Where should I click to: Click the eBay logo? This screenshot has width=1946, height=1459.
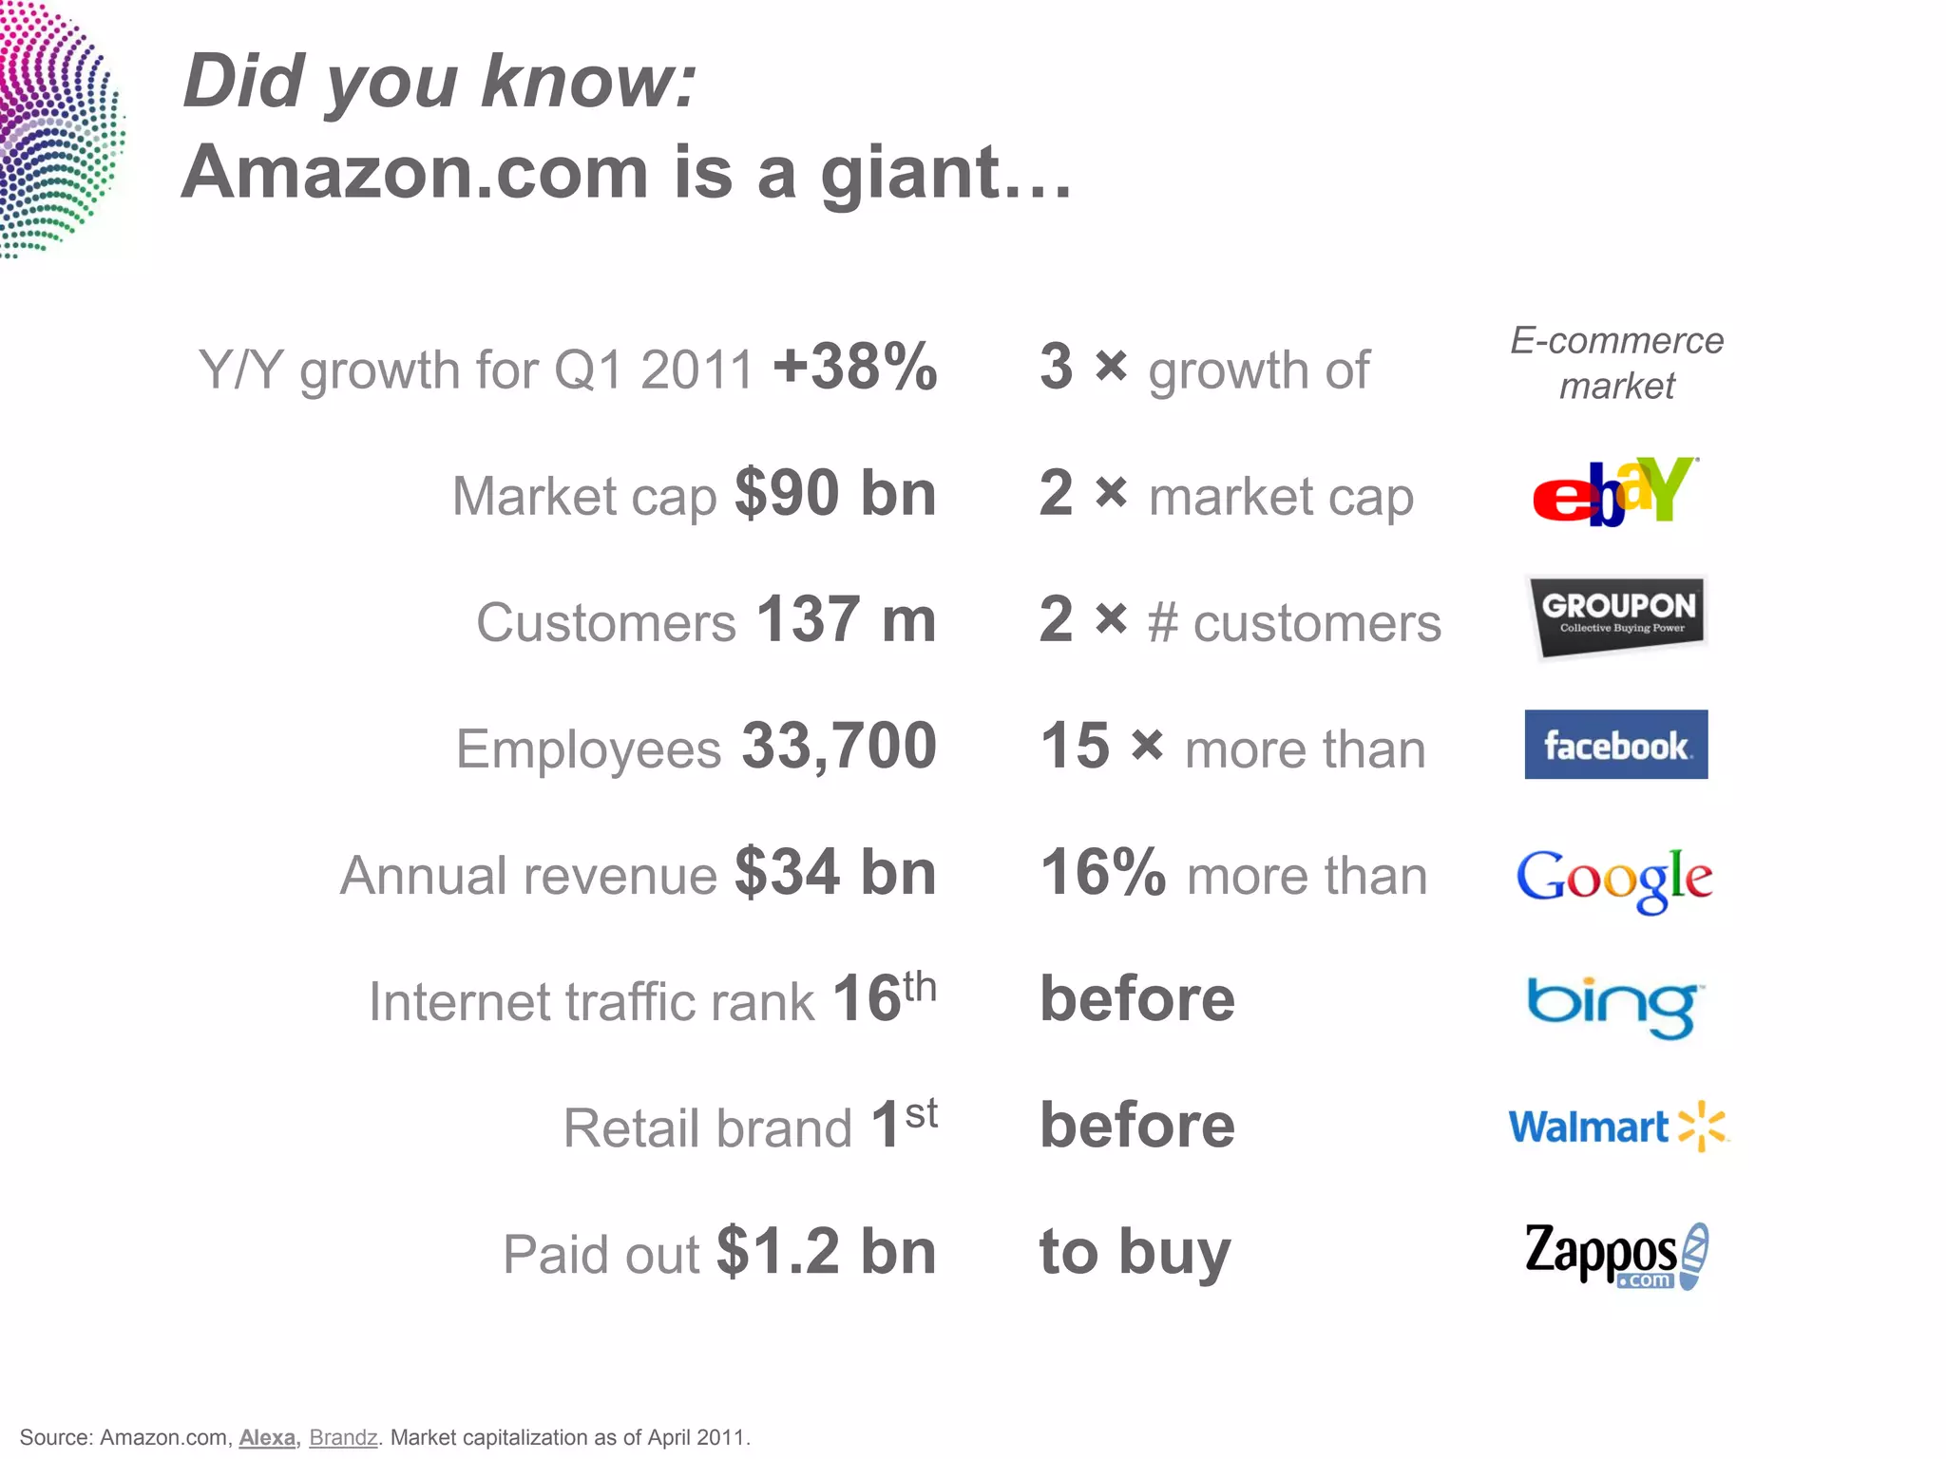(1614, 492)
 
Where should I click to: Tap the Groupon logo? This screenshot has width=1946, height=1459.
(1618, 616)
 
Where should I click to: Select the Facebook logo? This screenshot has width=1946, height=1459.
(1615, 745)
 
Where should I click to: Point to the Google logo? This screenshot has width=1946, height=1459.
(1614, 878)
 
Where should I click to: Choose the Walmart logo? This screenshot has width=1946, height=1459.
(1617, 1127)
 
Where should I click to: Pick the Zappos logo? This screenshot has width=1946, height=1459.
(1616, 1255)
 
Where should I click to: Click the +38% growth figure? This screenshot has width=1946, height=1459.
(855, 367)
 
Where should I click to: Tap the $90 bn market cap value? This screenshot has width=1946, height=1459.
(835, 494)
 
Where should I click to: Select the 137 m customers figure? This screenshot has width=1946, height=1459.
(846, 620)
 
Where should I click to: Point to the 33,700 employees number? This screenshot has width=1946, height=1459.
(839, 747)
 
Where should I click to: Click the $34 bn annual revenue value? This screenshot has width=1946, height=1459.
(835, 873)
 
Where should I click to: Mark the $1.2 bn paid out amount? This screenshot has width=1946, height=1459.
(826, 1252)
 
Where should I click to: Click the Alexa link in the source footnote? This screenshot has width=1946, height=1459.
(267, 1437)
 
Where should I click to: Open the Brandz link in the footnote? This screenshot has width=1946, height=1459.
(343, 1437)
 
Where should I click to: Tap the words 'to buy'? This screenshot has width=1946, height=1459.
(1135, 1252)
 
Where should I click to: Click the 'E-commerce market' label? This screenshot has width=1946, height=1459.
(1616, 363)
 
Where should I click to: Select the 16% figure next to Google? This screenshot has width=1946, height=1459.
(1102, 872)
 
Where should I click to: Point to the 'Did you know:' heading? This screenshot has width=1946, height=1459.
(440, 82)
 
